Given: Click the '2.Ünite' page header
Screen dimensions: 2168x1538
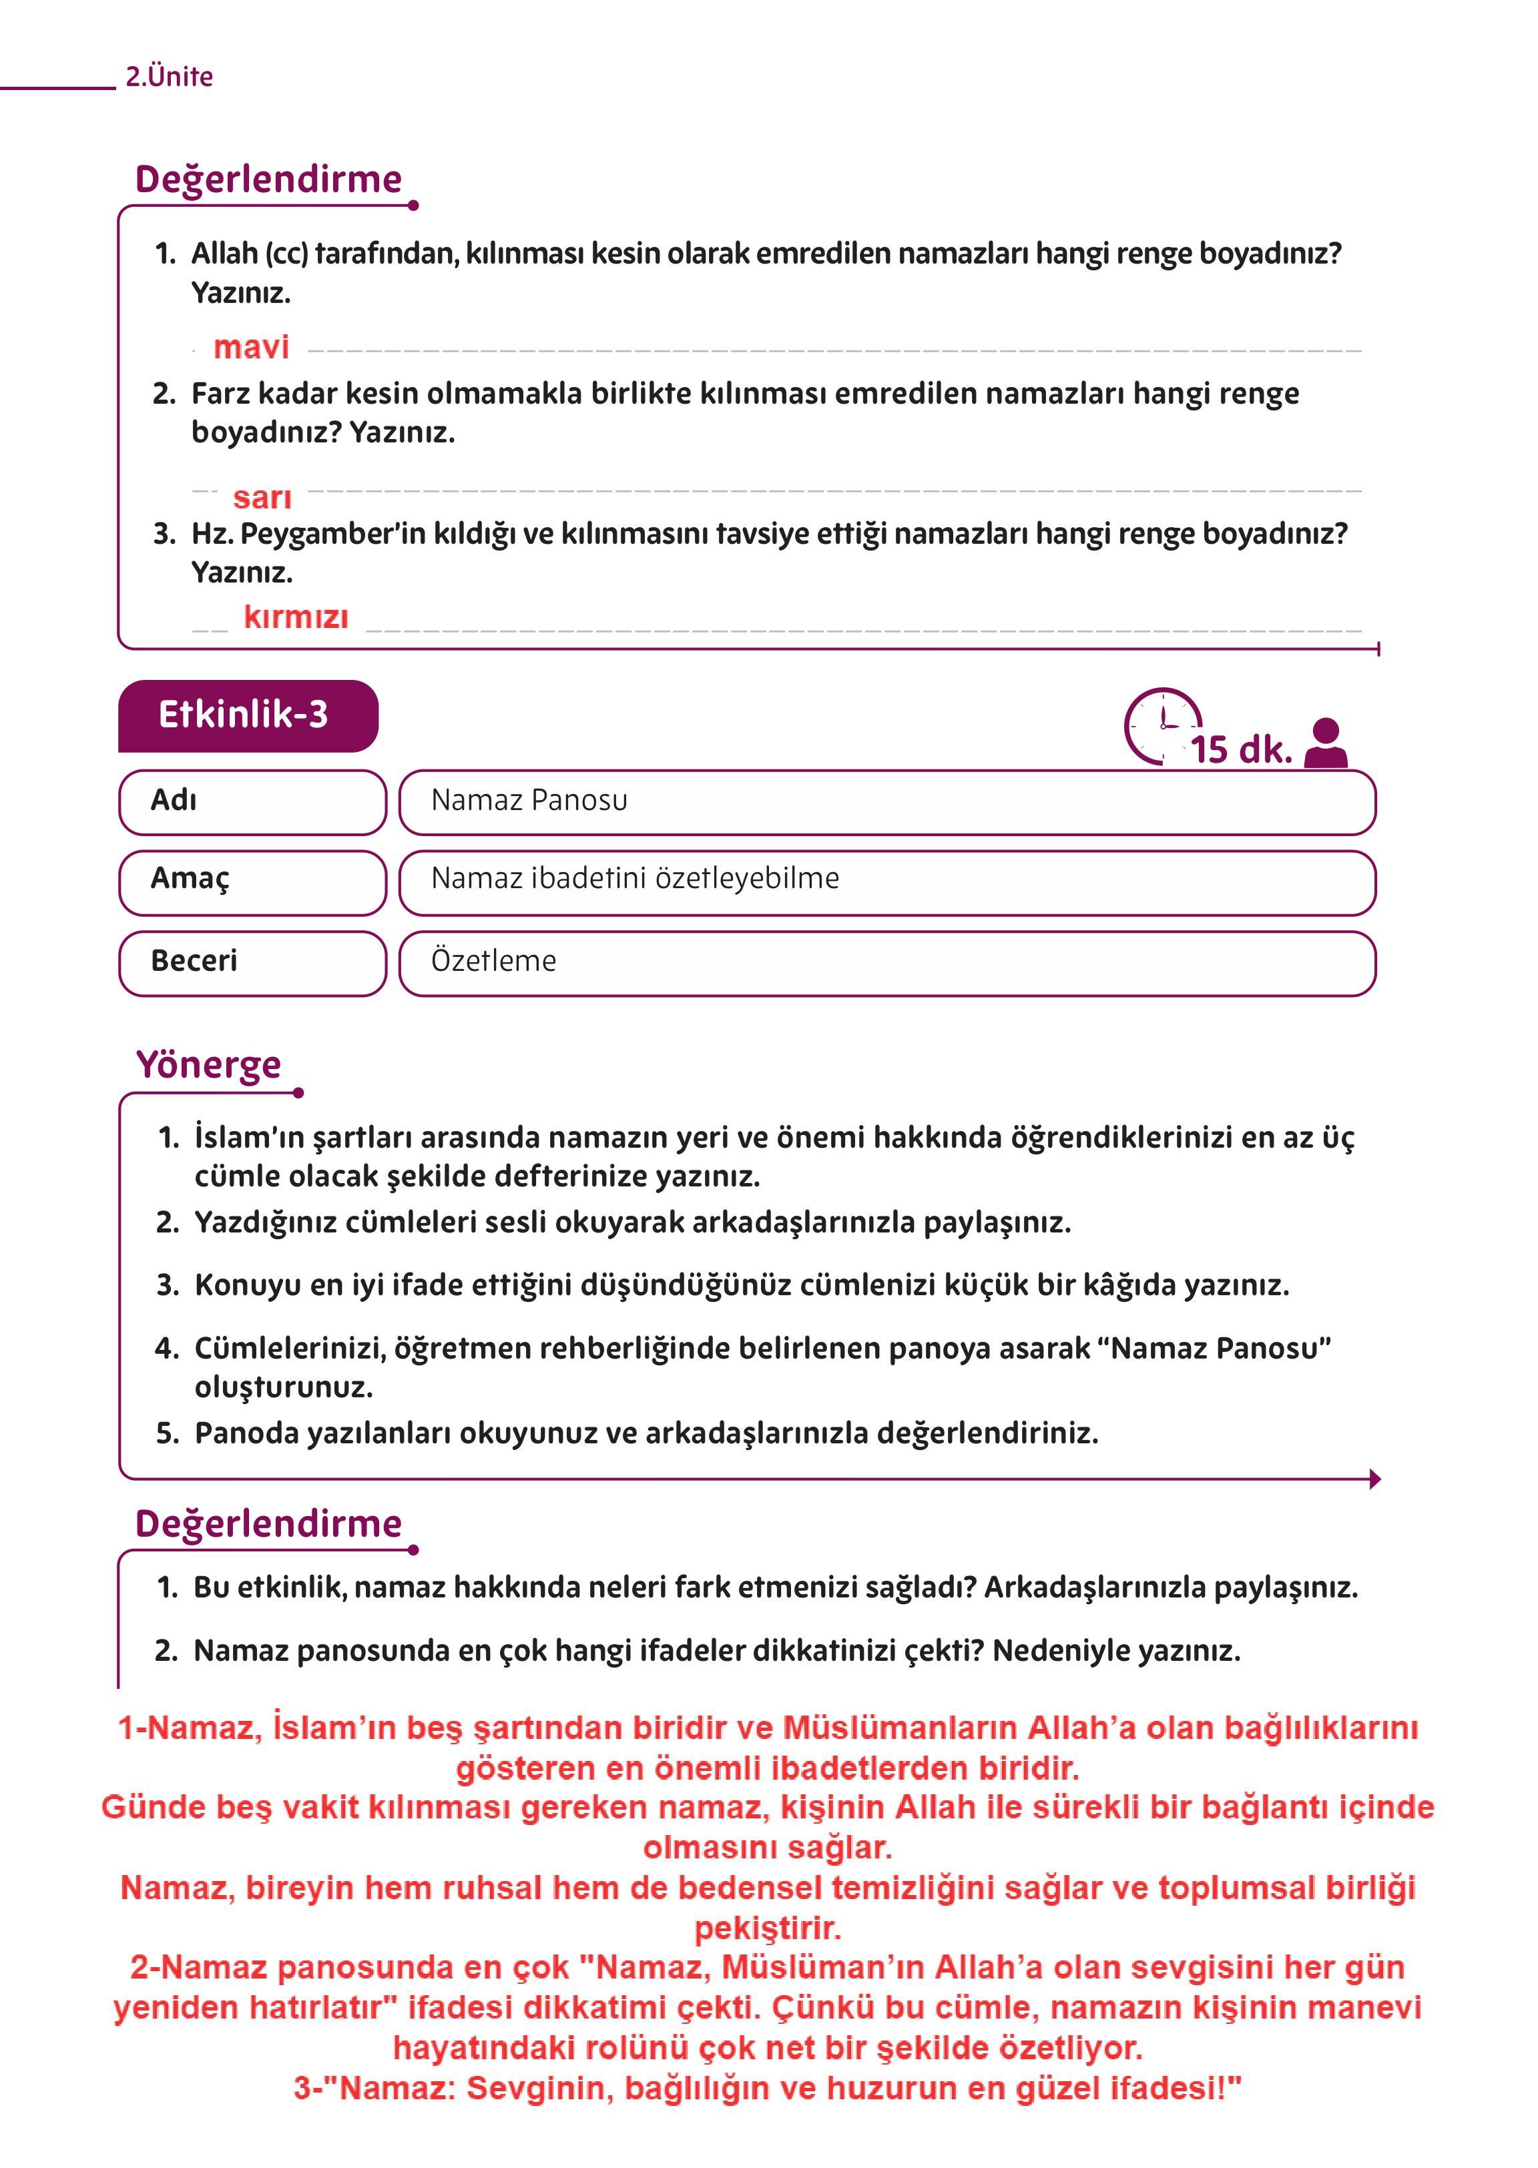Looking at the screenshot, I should click(x=169, y=77).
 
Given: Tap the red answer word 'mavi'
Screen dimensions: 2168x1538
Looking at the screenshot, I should click(x=251, y=348).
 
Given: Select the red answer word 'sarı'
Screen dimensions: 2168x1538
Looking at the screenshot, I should click(x=262, y=498).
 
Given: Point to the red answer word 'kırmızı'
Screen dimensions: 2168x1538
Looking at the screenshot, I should click(x=296, y=617).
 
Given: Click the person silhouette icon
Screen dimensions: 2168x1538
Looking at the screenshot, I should click(x=1326, y=743).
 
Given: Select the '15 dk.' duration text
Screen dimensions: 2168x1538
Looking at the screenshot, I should click(x=1241, y=750).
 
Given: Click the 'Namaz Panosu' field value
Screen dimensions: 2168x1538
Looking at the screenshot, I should click(x=529, y=801).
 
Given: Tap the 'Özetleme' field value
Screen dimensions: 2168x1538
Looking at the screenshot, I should click(x=493, y=961).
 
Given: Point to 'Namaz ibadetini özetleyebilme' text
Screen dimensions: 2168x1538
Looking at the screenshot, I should click(x=635, y=879).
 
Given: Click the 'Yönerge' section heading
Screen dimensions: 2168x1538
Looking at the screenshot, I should click(x=208, y=1065).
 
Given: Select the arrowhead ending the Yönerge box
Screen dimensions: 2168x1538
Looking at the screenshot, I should click(x=1374, y=1479).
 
